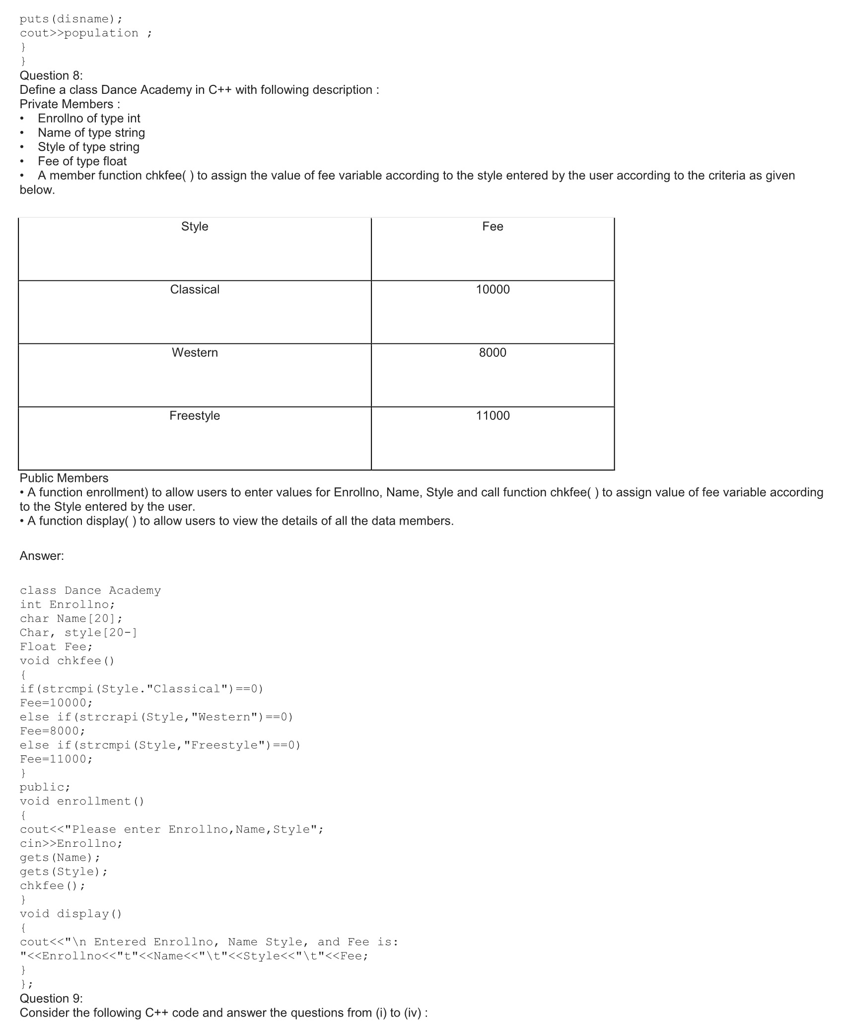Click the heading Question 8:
51,75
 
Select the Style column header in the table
195,226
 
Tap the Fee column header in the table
492,226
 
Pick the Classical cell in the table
195,289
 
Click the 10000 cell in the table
492,289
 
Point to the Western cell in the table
195,352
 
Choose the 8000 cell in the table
492,352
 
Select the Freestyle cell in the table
195,415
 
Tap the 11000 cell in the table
492,415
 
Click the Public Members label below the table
64,478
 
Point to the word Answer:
42,556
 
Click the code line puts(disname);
71,19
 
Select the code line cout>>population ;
86,33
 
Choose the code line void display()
71,914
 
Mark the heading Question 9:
51,998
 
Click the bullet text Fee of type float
82,161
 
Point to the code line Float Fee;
56,647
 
